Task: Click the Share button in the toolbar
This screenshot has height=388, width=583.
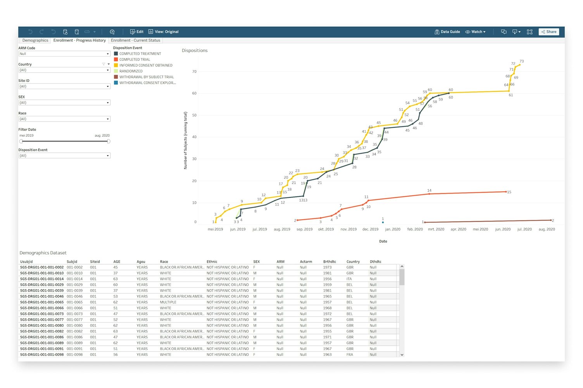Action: click(549, 32)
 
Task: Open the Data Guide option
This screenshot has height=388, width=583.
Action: click(447, 32)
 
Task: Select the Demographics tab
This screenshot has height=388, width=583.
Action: click(35, 40)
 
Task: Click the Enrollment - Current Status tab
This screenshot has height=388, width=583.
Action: click(135, 40)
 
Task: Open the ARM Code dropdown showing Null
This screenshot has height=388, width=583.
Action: click(64, 54)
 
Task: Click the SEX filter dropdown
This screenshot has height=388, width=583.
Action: click(64, 103)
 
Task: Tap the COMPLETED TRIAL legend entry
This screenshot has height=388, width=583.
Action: click(134, 60)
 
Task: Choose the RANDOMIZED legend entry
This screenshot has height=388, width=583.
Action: click(131, 71)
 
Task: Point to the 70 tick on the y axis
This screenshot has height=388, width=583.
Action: click(194, 72)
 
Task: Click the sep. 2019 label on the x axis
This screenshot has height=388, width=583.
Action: click(304, 229)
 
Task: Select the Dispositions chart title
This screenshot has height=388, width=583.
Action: click(195, 51)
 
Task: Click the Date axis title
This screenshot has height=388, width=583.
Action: click(383, 241)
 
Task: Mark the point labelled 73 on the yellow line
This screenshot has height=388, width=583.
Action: click(520, 65)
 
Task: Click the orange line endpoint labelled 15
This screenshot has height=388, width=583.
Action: click(506, 192)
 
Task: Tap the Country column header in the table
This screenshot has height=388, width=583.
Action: click(353, 262)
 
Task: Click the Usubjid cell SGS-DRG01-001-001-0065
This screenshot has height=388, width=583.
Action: click(42, 302)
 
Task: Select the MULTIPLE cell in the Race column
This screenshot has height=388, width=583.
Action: click(168, 302)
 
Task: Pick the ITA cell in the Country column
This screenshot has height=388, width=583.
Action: click(349, 279)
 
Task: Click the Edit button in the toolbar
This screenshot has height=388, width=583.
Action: click(137, 32)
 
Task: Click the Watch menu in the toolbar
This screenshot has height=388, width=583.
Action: click(476, 32)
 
